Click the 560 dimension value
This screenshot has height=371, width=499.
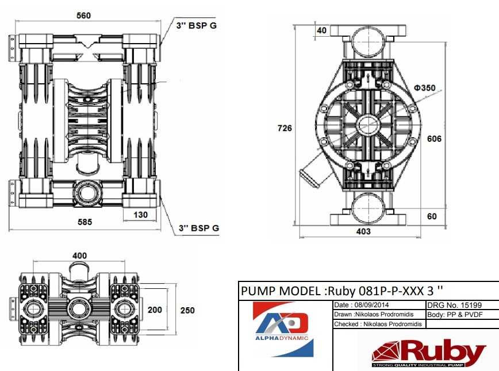(x=83, y=16)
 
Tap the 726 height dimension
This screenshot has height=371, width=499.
(x=285, y=128)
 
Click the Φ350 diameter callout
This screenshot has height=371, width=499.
(x=424, y=88)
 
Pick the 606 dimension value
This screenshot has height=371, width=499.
(x=435, y=138)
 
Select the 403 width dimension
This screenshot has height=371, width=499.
(x=363, y=231)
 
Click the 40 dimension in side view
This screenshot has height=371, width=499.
(x=321, y=30)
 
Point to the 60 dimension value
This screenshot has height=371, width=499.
(x=432, y=216)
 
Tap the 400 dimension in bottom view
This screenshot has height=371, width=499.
(x=79, y=255)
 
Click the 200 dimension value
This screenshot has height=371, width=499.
(x=155, y=310)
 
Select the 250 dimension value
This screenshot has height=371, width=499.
(x=187, y=310)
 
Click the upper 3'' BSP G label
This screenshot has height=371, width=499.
(x=196, y=26)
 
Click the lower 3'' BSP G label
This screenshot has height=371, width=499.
(x=199, y=228)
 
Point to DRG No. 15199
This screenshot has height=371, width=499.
(x=454, y=305)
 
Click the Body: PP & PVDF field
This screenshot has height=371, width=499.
(x=455, y=315)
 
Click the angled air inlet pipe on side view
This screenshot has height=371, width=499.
(x=310, y=173)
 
